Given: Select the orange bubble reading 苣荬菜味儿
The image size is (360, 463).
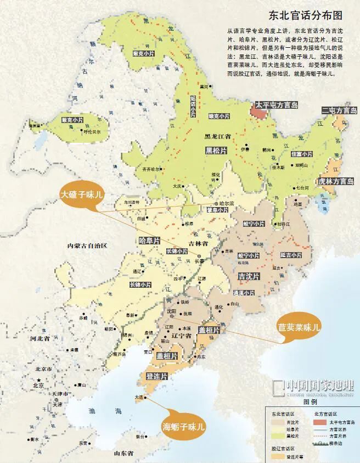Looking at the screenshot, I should [x=299, y=326].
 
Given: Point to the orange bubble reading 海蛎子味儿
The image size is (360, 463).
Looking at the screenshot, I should [x=183, y=426].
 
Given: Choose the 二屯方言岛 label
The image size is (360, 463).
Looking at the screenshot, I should [x=339, y=110].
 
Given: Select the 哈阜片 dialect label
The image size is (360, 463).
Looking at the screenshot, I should [x=149, y=241].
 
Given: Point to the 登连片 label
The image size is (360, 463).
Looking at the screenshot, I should [x=157, y=376].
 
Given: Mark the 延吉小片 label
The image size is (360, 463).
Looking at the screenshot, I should [x=291, y=255].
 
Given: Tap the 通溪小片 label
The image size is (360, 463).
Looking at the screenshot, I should [x=245, y=293].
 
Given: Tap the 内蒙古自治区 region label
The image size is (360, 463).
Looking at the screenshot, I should [x=86, y=246].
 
